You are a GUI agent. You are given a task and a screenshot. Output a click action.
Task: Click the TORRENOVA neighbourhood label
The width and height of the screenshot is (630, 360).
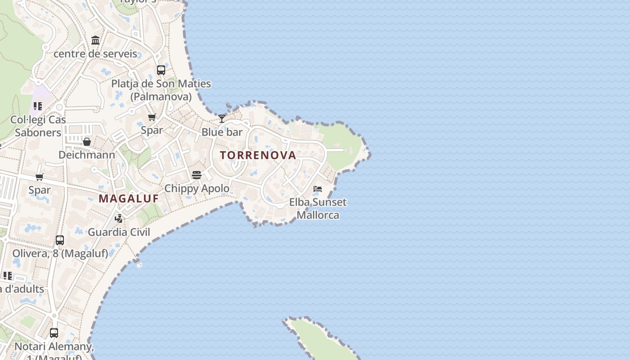(x=258, y=155)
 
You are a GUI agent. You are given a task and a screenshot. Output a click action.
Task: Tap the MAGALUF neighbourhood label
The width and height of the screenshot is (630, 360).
(x=129, y=198)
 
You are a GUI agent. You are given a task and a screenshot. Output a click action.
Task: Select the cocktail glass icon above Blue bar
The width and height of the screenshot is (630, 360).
(x=222, y=119)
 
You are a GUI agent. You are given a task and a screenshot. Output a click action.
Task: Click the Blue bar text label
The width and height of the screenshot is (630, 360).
(x=222, y=132)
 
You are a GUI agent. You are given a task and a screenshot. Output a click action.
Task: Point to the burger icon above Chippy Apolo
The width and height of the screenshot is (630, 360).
(x=197, y=175)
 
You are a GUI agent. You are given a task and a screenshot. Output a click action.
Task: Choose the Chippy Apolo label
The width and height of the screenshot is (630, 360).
(x=197, y=188)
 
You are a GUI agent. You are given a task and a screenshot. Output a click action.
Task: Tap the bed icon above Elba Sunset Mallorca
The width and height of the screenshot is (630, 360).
(x=318, y=189)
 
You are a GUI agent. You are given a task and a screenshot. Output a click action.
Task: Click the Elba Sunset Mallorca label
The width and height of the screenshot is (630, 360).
(x=318, y=208)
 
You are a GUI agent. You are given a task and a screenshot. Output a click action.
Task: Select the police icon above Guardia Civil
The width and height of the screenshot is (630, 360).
(x=119, y=219)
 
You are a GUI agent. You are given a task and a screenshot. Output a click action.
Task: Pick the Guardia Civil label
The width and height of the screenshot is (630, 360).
(x=119, y=232)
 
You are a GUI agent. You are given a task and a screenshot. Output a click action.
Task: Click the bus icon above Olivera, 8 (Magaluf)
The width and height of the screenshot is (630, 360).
(x=60, y=240)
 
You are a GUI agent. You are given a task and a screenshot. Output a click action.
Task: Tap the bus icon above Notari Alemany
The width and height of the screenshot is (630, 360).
(x=54, y=333)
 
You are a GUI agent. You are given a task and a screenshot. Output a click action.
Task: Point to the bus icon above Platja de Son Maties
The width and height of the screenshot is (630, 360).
(x=161, y=70)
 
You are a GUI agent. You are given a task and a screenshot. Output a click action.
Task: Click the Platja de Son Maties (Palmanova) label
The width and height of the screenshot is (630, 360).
(x=161, y=90)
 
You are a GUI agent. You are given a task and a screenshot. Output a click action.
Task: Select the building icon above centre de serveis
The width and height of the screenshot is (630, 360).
(x=95, y=41)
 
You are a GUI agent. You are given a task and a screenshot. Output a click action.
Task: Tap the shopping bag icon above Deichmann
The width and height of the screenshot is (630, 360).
(x=87, y=142)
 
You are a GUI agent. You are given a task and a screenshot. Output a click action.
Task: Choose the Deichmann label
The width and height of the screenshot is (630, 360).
(x=87, y=155)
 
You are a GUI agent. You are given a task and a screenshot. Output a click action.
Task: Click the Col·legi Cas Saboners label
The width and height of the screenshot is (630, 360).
(x=38, y=126)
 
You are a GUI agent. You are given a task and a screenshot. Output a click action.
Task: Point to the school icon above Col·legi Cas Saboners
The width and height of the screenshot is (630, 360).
(x=38, y=107)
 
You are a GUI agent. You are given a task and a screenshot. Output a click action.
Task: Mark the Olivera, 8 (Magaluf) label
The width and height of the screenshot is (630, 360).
(x=60, y=253)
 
